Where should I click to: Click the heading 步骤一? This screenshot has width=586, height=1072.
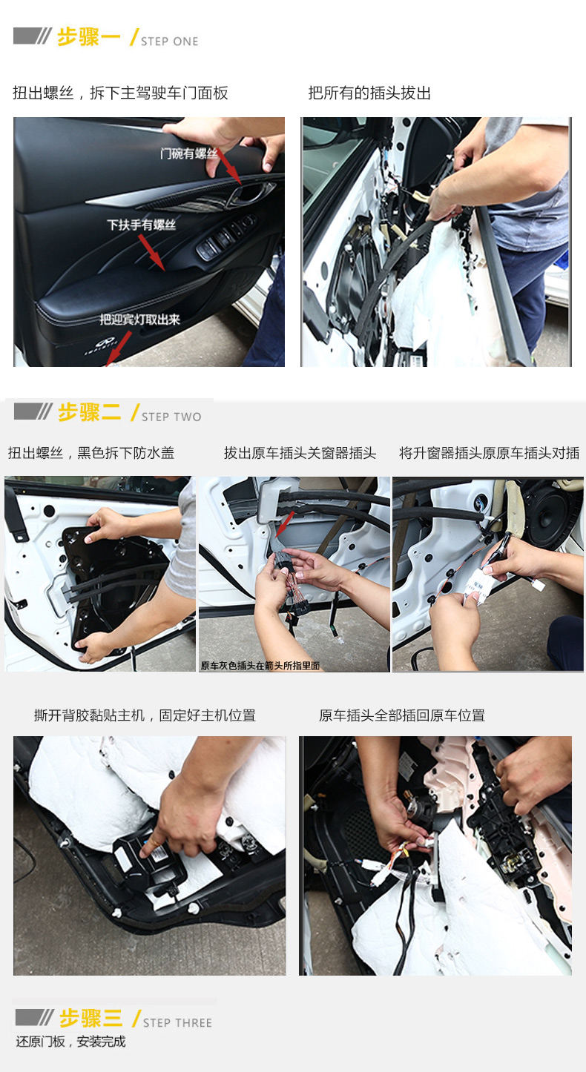point(88,37)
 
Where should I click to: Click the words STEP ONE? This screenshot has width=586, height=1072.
point(169,42)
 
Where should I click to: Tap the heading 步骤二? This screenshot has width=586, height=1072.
point(90,412)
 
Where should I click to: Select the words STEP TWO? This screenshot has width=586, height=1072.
point(171,417)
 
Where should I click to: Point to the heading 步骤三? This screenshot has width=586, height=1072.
point(91,1018)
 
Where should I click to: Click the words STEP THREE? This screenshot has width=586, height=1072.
point(177,1023)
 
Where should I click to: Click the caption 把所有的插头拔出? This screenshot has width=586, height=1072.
point(369,93)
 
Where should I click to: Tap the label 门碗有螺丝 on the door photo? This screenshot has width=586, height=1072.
point(189,153)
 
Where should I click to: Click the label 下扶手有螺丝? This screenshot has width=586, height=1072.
point(141,225)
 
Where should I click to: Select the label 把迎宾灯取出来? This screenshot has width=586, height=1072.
point(139,320)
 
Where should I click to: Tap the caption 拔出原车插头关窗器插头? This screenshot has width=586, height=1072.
point(300,453)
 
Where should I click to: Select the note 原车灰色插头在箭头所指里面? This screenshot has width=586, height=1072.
point(260,666)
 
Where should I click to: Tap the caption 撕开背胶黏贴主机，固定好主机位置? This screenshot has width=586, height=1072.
point(145,715)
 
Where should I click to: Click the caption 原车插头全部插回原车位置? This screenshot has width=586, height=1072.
point(402,715)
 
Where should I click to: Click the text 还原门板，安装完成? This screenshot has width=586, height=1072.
point(71,1042)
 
